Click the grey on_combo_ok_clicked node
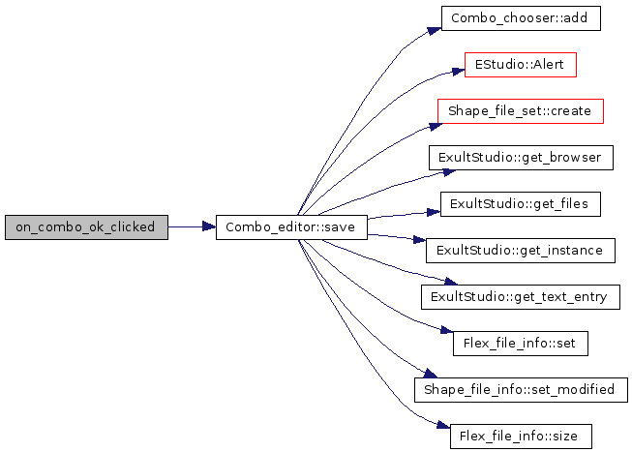85,227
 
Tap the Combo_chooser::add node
520,18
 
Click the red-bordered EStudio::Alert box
520,65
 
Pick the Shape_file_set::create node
520,111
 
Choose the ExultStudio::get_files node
520,204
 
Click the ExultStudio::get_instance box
520,251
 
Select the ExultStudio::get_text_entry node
520,297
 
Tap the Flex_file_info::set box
520,344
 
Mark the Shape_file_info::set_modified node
520,390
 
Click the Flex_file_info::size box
520,437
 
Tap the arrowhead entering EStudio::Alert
459,71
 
